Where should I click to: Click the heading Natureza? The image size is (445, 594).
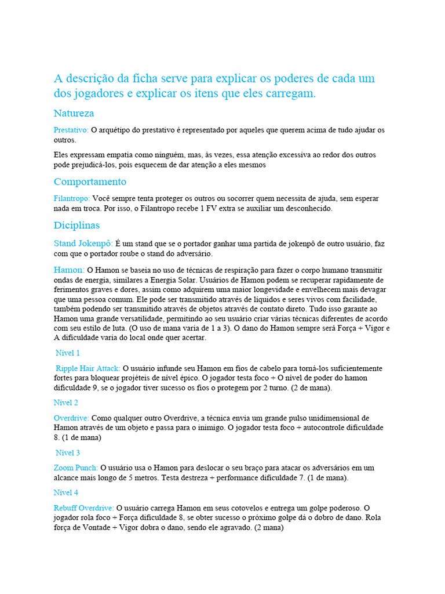pos(74,113)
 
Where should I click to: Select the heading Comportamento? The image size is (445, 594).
pos(90,182)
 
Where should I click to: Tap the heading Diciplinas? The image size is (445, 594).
pos(76,225)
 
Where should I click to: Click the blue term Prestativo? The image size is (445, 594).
pos(71,130)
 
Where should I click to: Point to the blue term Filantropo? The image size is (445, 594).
pos(72,198)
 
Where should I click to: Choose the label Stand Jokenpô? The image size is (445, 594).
pos(83,244)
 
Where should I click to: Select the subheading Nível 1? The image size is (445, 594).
pos(68,353)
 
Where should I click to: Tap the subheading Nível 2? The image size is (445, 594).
pos(66,403)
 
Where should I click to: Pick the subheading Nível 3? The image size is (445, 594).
pos(68,452)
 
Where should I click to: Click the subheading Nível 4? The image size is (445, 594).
pos(66,492)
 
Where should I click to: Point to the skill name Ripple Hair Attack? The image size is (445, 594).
pos(88,368)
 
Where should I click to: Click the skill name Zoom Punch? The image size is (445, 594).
pos(76,468)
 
